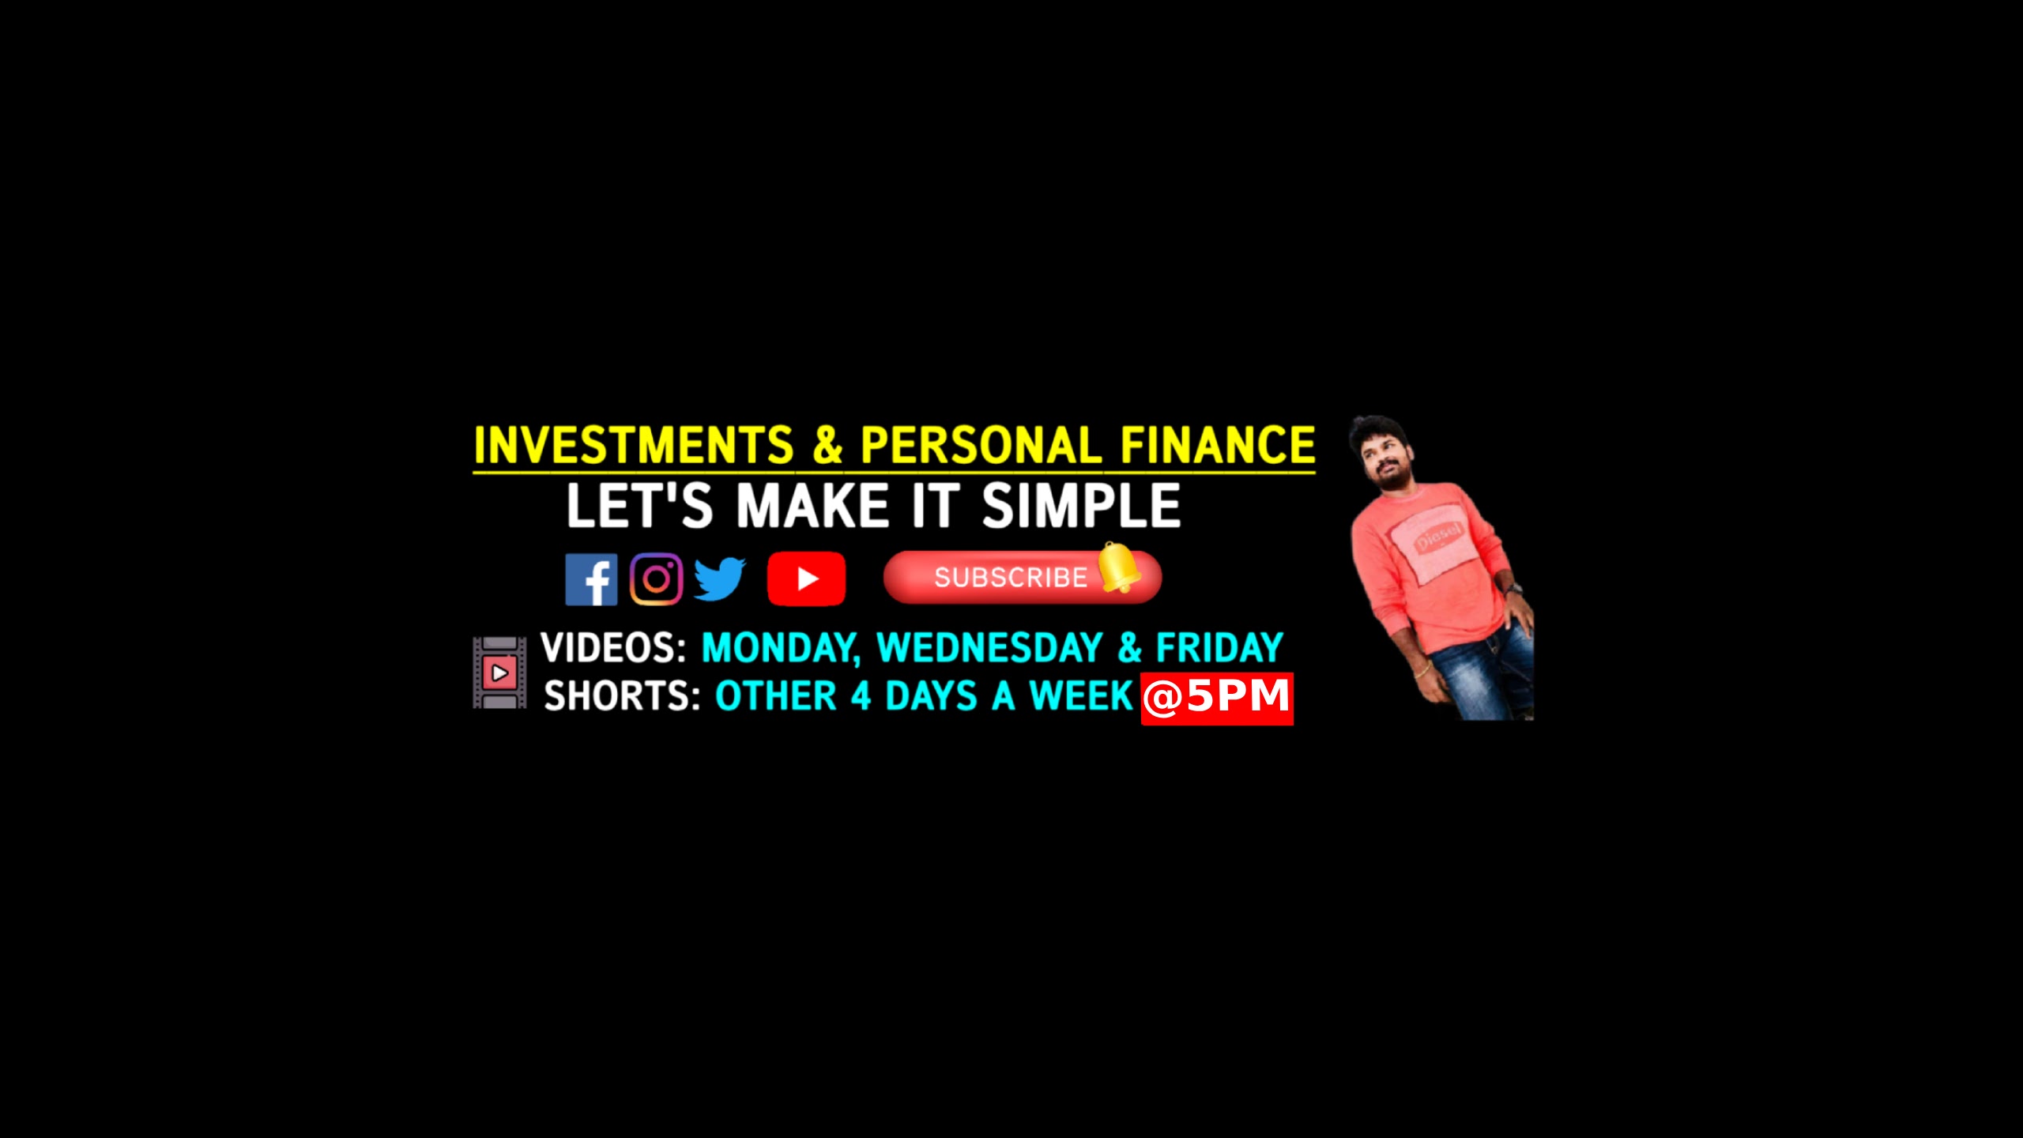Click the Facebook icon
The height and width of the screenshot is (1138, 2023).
pyautogui.click(x=591, y=579)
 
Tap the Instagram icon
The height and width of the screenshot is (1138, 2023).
pyautogui.click(x=656, y=579)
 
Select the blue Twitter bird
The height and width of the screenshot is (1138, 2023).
pyautogui.click(x=720, y=579)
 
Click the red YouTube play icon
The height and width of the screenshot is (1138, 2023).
pyautogui.click(x=806, y=578)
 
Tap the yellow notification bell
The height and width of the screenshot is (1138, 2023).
pyautogui.click(x=1118, y=567)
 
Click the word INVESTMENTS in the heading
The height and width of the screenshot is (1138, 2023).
pyautogui.click(x=633, y=445)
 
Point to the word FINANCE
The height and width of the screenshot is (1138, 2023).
pyautogui.click(x=1218, y=445)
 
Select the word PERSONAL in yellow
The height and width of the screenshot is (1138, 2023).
pyautogui.click(x=981, y=445)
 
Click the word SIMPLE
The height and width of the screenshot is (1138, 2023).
pyautogui.click(x=1081, y=506)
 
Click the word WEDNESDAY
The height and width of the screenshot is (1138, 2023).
pyautogui.click(x=989, y=648)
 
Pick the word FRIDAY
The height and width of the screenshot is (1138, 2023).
pyautogui.click(x=1219, y=648)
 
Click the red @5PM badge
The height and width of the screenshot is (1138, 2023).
pyautogui.click(x=1217, y=699)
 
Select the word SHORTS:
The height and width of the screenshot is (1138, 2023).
pyautogui.click(x=622, y=696)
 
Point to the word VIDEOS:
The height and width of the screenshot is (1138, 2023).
pyautogui.click(x=613, y=648)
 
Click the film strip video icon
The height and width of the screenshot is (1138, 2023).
pyautogui.click(x=499, y=673)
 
